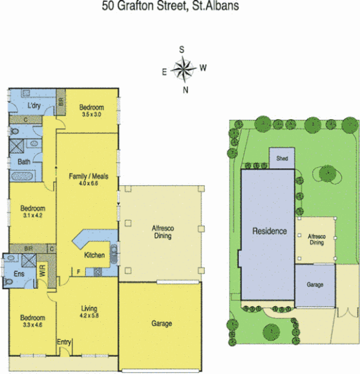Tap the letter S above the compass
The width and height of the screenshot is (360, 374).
(182, 50)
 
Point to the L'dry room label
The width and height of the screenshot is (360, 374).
(34, 105)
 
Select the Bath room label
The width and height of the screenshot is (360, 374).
(23, 162)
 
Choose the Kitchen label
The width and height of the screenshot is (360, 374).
(94, 256)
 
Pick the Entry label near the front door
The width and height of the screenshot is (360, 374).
(65, 342)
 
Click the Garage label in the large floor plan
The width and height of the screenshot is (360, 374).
(161, 323)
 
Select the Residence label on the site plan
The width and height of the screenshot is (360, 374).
(268, 231)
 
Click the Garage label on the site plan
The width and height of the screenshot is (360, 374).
(315, 285)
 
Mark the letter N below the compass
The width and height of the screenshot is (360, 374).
(185, 89)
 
